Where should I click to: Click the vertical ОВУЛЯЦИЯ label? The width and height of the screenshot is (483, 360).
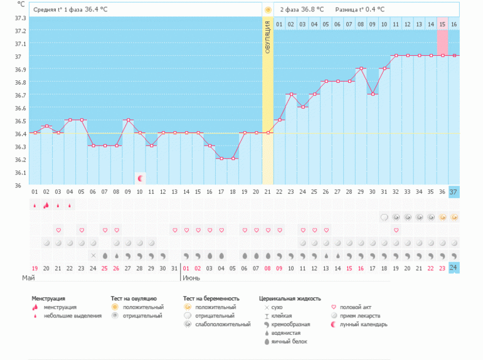point(268,37)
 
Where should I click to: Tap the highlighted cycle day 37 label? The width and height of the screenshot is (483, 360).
point(454,191)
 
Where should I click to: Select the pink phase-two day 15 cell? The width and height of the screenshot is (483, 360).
point(442,24)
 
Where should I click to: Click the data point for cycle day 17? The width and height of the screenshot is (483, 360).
point(221,158)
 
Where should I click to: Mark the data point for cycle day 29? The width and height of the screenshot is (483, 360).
point(361,68)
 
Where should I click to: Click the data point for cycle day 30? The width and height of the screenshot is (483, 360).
point(373,94)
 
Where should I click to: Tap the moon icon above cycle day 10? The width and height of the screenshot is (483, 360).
point(141,179)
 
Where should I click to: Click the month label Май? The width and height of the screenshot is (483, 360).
point(28,277)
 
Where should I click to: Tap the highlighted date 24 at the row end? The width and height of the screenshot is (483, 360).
point(454,267)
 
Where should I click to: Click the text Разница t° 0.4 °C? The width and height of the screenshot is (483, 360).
point(360,9)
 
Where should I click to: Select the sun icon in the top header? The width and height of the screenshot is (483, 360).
point(268,9)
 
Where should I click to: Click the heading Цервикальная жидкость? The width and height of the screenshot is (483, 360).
point(290,299)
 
